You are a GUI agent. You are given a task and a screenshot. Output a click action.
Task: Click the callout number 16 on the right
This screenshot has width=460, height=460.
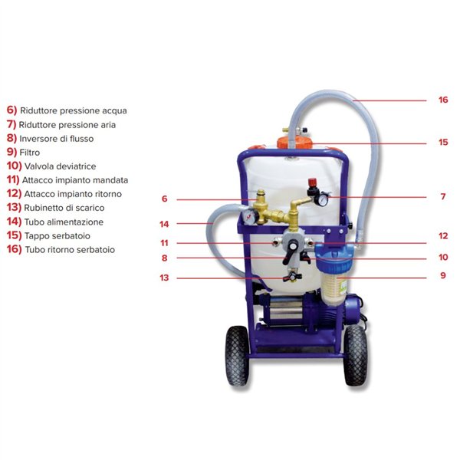(443, 100)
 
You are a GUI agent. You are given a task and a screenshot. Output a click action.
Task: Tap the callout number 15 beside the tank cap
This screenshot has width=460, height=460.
(443, 143)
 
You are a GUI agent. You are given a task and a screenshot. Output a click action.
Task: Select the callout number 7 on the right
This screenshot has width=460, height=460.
(443, 196)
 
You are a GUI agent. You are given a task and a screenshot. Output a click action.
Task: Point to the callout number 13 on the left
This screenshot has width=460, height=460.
(164, 278)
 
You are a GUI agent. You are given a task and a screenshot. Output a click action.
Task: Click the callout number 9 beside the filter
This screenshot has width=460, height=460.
(443, 275)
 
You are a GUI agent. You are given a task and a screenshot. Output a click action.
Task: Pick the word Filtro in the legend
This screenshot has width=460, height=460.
(30, 153)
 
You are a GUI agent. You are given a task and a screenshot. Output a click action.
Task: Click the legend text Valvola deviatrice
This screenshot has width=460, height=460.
(60, 166)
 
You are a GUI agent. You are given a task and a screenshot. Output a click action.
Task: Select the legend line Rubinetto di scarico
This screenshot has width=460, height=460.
(64, 208)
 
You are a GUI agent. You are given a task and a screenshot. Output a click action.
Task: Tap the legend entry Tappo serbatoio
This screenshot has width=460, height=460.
(58, 236)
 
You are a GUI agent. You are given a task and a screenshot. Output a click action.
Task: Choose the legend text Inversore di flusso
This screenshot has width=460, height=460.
(57, 139)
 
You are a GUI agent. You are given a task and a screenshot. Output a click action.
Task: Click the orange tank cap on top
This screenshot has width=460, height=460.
(295, 142)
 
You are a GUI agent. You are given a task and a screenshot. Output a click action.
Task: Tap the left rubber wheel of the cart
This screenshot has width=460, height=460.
(237, 355)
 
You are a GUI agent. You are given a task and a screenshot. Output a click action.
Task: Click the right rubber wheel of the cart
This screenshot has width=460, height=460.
(355, 355)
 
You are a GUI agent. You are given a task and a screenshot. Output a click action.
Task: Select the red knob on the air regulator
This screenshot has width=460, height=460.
(312, 182)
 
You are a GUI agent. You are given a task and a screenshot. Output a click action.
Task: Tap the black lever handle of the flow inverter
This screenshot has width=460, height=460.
(291, 253)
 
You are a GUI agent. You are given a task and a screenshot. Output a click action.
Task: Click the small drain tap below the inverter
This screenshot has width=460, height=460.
(293, 276)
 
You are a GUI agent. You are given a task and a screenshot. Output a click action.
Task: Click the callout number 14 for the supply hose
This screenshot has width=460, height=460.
(164, 224)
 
